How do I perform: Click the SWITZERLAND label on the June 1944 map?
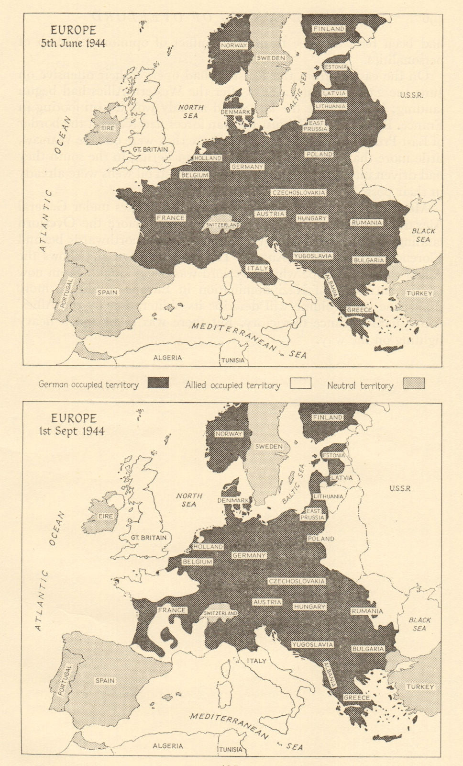223,225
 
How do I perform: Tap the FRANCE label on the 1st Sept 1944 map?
171,610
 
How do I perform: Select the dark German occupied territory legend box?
158,383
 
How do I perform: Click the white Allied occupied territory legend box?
300,383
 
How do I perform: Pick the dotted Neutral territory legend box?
414,383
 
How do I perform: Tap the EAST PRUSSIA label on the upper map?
315,126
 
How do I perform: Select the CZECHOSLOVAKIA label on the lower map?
297,581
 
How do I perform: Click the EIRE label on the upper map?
107,128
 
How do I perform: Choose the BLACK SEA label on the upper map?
424,235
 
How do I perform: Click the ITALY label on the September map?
256,661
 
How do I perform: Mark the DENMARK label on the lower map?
233,500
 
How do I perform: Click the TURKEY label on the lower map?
420,687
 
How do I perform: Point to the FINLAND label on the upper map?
329,29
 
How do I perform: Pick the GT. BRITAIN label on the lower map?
149,537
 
